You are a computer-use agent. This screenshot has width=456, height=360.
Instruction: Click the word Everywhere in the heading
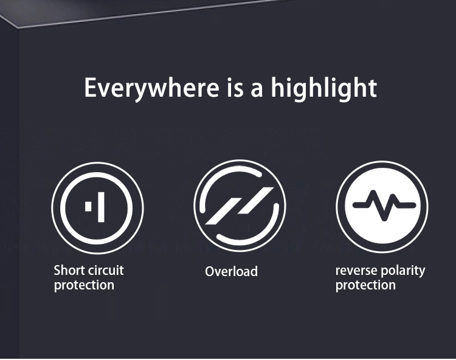coord(151,88)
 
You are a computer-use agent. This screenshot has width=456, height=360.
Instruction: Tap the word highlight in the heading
coord(324,88)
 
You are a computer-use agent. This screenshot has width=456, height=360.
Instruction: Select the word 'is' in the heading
coord(235,88)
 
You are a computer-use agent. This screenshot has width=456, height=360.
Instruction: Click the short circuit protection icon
coord(97,207)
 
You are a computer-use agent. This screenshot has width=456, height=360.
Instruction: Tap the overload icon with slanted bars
coord(240,206)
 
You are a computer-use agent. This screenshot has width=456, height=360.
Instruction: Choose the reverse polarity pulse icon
coord(382,207)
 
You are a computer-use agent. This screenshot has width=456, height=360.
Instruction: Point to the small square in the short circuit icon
coord(88,206)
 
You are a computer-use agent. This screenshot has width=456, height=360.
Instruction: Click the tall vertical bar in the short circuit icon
coord(101,207)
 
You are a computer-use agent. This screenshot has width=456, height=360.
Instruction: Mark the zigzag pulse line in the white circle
coord(384,206)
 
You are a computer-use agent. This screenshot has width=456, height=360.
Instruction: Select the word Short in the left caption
coord(69,271)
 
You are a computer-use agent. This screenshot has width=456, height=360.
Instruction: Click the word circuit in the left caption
coord(106,271)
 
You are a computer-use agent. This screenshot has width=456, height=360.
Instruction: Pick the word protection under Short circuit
coord(84,285)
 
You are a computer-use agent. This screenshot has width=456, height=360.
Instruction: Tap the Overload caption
coord(231,271)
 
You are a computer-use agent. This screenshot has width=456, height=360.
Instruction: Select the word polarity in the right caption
coord(402,271)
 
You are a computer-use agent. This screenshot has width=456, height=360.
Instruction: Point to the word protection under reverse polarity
coord(365,285)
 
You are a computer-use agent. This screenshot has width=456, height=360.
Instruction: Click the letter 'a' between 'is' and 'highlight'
coord(257,89)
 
